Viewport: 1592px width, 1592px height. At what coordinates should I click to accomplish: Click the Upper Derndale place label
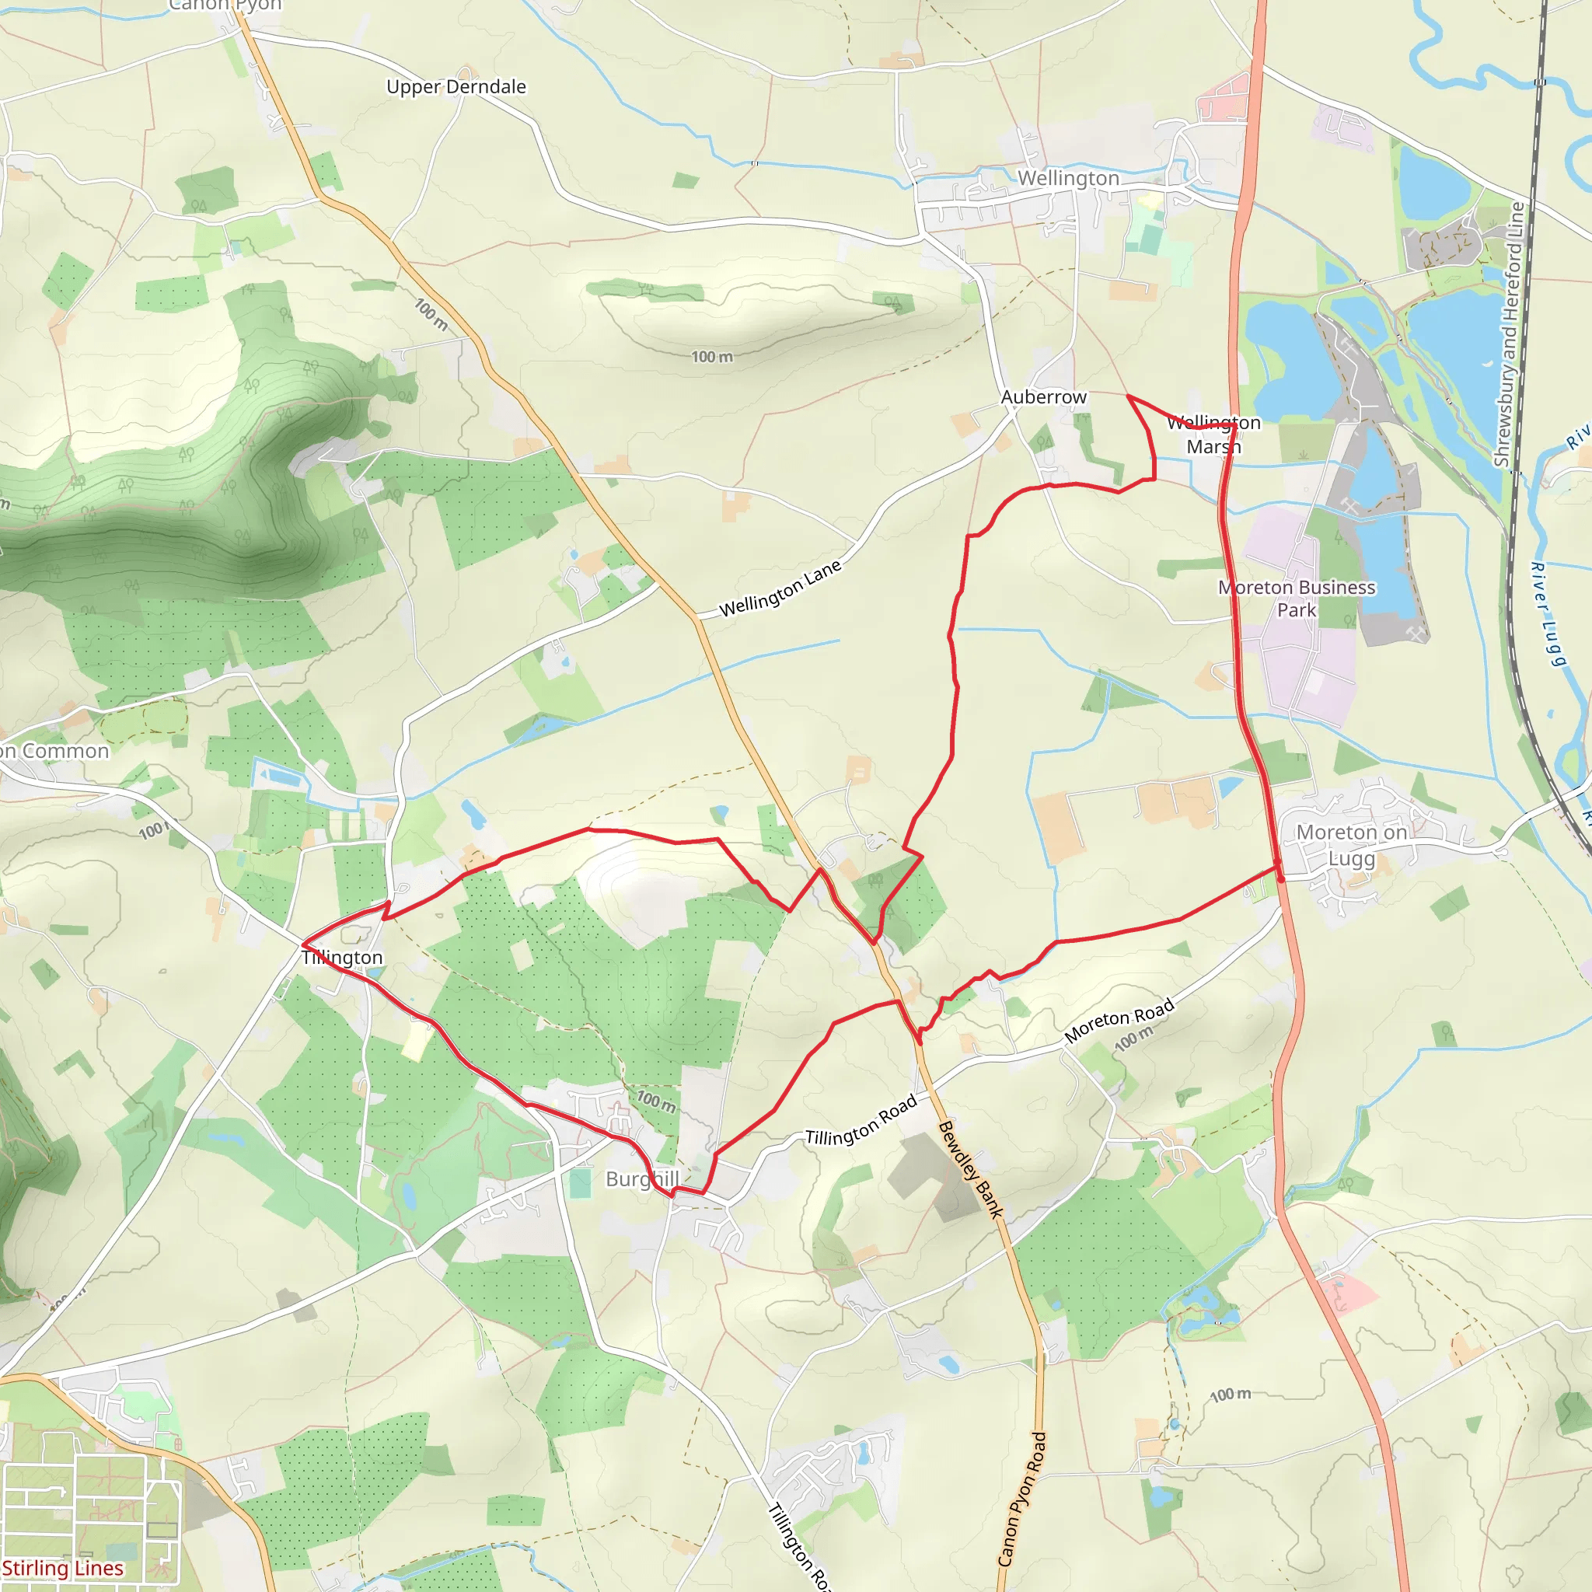(456, 86)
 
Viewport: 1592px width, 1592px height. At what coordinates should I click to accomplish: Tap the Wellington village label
(1068, 178)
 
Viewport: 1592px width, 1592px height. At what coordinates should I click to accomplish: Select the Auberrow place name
(1043, 397)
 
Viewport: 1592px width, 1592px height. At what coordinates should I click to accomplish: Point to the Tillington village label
(342, 958)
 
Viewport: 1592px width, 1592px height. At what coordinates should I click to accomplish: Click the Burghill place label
(642, 1179)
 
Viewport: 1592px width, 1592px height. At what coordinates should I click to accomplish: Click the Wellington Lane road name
(780, 588)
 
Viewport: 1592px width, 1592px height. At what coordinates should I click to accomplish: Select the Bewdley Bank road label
(971, 1169)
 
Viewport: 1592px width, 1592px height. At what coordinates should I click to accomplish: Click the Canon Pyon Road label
(1021, 1497)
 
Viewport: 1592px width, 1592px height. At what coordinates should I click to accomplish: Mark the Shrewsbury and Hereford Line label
(1509, 333)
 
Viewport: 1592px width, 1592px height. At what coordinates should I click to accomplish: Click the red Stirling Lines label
(63, 1567)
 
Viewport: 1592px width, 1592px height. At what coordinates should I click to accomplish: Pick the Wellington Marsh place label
(1213, 435)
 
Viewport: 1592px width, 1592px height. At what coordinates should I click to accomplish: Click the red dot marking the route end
(1280, 879)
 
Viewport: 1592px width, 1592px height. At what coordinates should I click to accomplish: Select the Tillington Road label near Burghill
(861, 1121)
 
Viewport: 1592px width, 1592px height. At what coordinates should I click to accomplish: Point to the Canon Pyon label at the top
(225, 5)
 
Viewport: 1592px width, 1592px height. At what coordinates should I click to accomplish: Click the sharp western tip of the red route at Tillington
(303, 944)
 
